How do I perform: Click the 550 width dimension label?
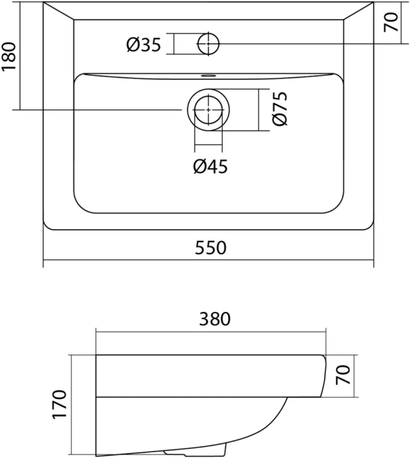coord(211,248)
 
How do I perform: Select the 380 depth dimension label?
coord(215,319)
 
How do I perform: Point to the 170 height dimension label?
coord(59,406)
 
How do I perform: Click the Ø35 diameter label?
coord(144,45)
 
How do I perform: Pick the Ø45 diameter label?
coord(210,167)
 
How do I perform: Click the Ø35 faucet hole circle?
coord(209,43)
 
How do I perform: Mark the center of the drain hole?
coord(209,109)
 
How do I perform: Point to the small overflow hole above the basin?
coord(209,75)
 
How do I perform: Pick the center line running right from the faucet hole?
coord(299,43)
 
